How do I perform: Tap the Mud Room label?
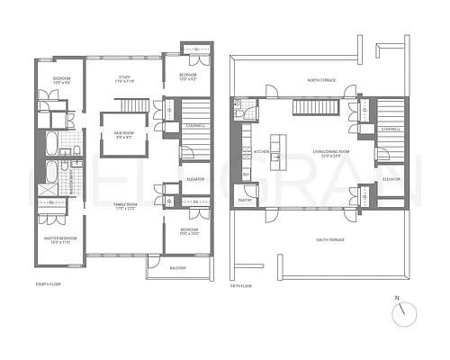pyautogui.click(x=124, y=135)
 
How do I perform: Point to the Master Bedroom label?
pyautogui.click(x=61, y=239)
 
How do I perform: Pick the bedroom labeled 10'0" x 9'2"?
pyautogui.click(x=187, y=76)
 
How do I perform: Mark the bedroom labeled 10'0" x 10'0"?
pyautogui.click(x=187, y=232)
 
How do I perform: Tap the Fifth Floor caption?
pyautogui.click(x=241, y=285)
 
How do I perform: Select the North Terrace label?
pyautogui.click(x=319, y=81)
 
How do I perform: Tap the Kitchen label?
pyautogui.click(x=262, y=151)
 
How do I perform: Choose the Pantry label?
pyautogui.click(x=245, y=202)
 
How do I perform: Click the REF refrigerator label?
pyautogui.click(x=245, y=174)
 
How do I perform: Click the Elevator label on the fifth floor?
pyautogui.click(x=391, y=179)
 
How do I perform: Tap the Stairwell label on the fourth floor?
pyautogui.click(x=197, y=125)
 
